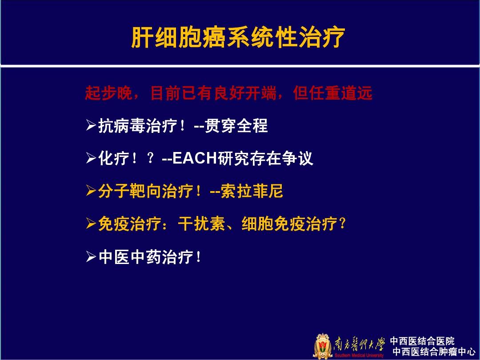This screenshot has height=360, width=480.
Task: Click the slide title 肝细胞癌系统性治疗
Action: coord(238,38)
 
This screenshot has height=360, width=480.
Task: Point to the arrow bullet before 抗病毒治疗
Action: coord(91,127)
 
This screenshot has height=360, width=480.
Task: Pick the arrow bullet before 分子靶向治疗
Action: coord(91,192)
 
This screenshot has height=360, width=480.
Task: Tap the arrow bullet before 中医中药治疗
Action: coord(91,257)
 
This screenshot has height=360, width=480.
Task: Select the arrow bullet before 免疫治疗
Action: coord(91,224)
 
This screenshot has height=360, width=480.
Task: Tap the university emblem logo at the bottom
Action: coord(323,346)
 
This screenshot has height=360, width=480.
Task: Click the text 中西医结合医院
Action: coord(422,341)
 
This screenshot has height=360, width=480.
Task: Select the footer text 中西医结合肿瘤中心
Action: coord(434,352)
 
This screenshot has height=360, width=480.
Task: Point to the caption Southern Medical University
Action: coord(359,356)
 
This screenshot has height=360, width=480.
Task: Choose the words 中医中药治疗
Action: coord(146,257)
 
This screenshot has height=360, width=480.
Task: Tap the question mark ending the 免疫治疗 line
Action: coord(342,224)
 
